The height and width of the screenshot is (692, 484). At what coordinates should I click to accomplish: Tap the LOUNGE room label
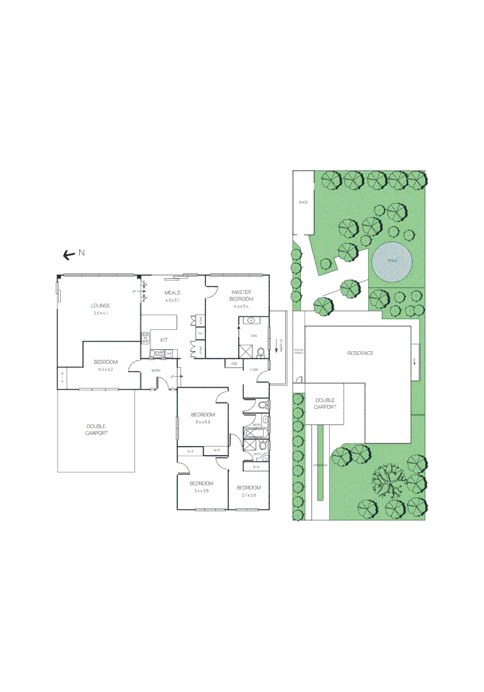[101, 306]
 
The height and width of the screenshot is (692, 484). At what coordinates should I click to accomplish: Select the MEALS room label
[172, 293]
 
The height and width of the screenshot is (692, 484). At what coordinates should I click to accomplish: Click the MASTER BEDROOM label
[242, 295]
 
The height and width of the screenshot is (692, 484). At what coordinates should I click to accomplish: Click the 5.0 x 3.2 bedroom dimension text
[105, 370]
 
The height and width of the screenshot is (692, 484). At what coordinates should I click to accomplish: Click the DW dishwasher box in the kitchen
[169, 354]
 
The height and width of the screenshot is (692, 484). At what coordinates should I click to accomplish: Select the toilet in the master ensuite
[261, 352]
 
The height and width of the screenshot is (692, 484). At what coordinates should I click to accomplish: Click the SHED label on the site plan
[303, 203]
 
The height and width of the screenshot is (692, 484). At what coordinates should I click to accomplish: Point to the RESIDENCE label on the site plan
[360, 353]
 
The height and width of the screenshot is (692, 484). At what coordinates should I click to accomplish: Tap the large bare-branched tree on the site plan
[390, 479]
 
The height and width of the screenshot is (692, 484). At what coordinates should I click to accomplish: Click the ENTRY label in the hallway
[156, 371]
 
